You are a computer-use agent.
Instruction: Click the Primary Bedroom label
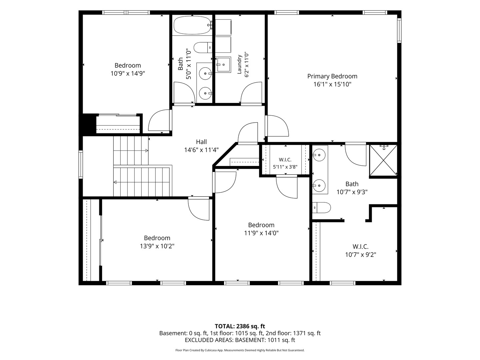[x=332, y=76]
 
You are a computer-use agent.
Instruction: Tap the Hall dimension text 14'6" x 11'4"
[x=201, y=150]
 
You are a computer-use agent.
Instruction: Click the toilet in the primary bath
[x=321, y=207]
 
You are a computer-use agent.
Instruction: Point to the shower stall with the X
[x=383, y=160]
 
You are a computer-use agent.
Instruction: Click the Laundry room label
[x=239, y=64]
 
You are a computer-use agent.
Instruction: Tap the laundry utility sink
[x=223, y=65]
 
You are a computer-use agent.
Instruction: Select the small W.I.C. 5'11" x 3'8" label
[x=285, y=163]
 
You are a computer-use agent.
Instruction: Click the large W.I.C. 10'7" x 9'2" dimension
[x=361, y=255]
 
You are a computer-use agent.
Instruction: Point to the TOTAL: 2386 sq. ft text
[x=240, y=326]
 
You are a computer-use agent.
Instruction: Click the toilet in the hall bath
[x=203, y=47]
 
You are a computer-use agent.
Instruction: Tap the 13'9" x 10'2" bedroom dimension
[x=157, y=246]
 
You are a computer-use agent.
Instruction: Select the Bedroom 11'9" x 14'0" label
[x=261, y=229]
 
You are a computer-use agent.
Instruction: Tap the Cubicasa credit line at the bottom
[x=240, y=350]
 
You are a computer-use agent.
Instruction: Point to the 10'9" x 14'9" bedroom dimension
[x=128, y=73]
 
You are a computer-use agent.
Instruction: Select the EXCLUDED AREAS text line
[x=240, y=340]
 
